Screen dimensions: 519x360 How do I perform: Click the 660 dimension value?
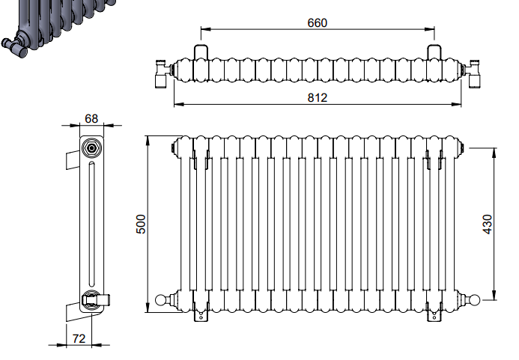pyautogui.click(x=317, y=23)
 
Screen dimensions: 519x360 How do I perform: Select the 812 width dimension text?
pyautogui.click(x=317, y=97)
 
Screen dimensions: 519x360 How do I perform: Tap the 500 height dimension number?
pyautogui.click(x=141, y=224)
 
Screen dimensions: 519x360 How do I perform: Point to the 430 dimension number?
pyautogui.click(x=488, y=224)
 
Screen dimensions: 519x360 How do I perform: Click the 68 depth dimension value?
pyautogui.click(x=91, y=118)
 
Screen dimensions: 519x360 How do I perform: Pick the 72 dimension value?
pyautogui.click(x=79, y=338)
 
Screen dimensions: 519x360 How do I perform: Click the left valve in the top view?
pyautogui.click(x=163, y=74)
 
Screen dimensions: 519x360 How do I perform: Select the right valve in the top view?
pyautogui.click(x=473, y=74)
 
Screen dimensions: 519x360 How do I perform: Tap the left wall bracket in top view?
pyautogui.click(x=201, y=52)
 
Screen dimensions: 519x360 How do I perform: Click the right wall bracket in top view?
pyautogui.click(x=434, y=52)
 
